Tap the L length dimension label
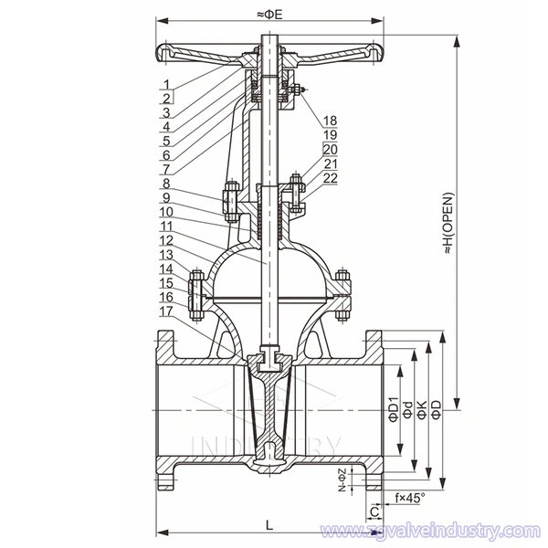click(x=269, y=524)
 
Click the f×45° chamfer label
click(x=409, y=499)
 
